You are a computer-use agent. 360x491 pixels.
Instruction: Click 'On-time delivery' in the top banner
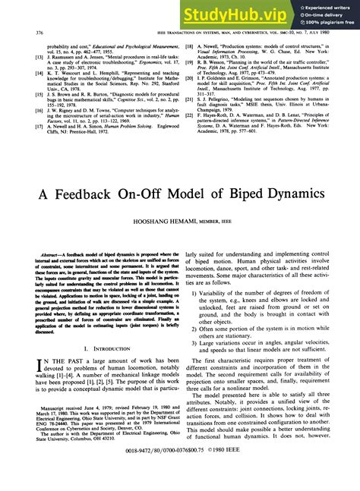coord(324,14)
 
